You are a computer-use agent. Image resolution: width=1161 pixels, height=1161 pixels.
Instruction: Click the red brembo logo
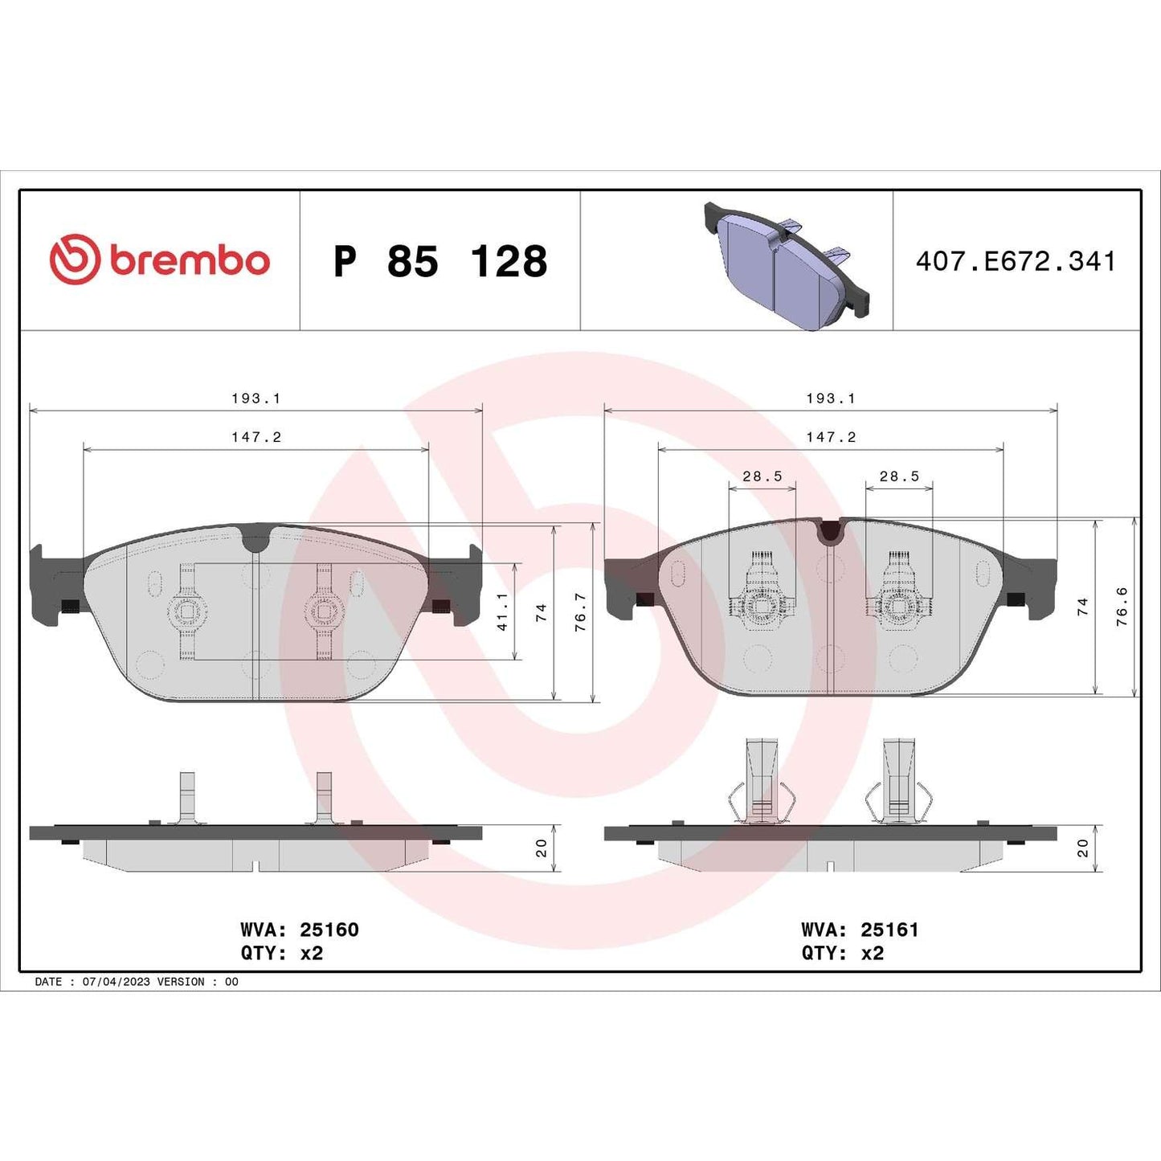tap(159, 260)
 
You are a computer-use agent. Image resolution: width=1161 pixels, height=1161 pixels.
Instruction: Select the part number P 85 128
tap(440, 262)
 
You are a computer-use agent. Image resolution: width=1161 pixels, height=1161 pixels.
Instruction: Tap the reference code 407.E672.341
tap(1016, 262)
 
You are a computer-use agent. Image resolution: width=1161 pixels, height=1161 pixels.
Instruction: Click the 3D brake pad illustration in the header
tap(787, 264)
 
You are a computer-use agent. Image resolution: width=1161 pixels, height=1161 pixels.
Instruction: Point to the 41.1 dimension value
tap(503, 611)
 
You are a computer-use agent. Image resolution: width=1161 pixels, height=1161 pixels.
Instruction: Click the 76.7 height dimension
tap(581, 612)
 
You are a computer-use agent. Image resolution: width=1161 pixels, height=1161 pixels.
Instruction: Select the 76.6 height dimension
tap(1122, 607)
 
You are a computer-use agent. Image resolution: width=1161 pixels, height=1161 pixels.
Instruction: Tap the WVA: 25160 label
tap(299, 930)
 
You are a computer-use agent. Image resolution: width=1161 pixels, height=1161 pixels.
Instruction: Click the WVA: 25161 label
tap(860, 930)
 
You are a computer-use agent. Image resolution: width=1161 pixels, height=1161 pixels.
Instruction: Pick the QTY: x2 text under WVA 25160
tap(281, 953)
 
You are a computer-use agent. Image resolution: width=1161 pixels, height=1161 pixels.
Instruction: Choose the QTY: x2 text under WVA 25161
tap(842, 953)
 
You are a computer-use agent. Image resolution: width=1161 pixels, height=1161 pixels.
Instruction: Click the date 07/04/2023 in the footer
tap(116, 982)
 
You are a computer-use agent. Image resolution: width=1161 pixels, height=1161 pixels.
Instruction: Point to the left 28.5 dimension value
tap(762, 476)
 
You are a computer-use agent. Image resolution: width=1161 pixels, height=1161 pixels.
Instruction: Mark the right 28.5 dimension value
tap(899, 476)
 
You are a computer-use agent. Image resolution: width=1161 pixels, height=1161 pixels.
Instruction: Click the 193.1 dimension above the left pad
tap(256, 399)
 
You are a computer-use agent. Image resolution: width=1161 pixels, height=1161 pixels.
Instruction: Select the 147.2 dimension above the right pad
tap(831, 437)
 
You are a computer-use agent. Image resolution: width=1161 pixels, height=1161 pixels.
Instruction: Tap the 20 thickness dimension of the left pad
tap(542, 848)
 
